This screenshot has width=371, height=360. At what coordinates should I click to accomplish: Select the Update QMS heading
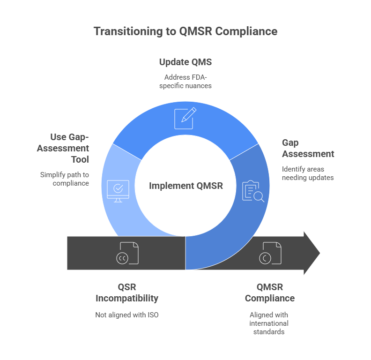pyautogui.click(x=185, y=62)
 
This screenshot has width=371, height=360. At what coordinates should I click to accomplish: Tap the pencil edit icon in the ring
pyautogui.click(x=185, y=118)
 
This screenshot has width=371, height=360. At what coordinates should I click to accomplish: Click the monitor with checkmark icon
pyautogui.click(x=118, y=191)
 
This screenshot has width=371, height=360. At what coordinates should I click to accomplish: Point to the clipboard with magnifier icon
pyautogui.click(x=253, y=191)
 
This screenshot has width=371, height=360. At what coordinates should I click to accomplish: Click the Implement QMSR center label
pyautogui.click(x=186, y=186)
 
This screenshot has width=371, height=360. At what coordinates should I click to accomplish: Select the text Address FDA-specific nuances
pyautogui.click(x=185, y=82)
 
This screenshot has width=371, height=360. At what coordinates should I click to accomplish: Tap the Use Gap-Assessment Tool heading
pyautogui.click(x=63, y=148)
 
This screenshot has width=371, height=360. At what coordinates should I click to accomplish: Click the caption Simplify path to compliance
pyautogui.click(x=65, y=179)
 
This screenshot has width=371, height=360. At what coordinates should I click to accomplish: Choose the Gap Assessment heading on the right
pyautogui.click(x=308, y=148)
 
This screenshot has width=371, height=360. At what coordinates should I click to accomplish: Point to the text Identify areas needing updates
pyautogui.click(x=308, y=173)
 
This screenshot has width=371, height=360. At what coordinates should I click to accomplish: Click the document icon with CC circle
pyautogui.click(x=127, y=253)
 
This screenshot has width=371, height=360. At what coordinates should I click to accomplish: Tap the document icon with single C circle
pyautogui.click(x=270, y=253)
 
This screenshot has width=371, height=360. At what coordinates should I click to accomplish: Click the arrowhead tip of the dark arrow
pyautogui.click(x=320, y=253)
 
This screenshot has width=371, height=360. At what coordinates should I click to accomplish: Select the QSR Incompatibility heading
pyautogui.click(x=127, y=293)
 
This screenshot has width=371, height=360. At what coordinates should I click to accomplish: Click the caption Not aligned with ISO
pyautogui.click(x=127, y=315)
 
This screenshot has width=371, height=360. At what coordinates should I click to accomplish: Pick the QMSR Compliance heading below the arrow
pyautogui.click(x=270, y=293)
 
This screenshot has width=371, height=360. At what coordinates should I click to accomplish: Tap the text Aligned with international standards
pyautogui.click(x=269, y=323)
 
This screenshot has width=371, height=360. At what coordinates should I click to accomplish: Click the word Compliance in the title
pyautogui.click(x=246, y=31)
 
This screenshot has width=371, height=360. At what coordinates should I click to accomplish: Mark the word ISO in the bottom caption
pyautogui.click(x=153, y=315)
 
